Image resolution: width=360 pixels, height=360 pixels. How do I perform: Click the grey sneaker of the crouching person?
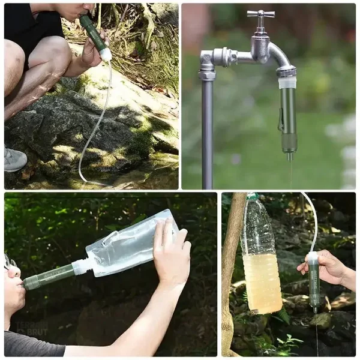14,160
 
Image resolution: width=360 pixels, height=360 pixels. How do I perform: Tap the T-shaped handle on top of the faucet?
261,14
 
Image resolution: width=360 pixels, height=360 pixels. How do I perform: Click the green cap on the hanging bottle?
253,196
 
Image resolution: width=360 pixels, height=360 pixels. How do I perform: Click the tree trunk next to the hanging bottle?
231,270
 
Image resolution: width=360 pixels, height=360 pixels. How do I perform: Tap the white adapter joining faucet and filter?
287,82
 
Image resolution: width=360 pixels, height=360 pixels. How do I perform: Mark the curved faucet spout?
279,57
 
